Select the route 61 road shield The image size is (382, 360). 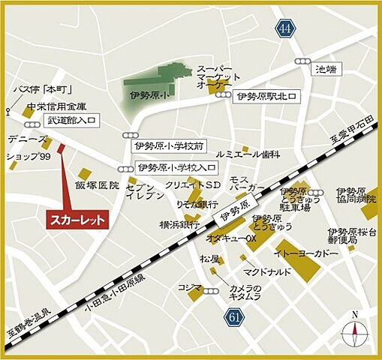235,318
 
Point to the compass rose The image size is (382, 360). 355,331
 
